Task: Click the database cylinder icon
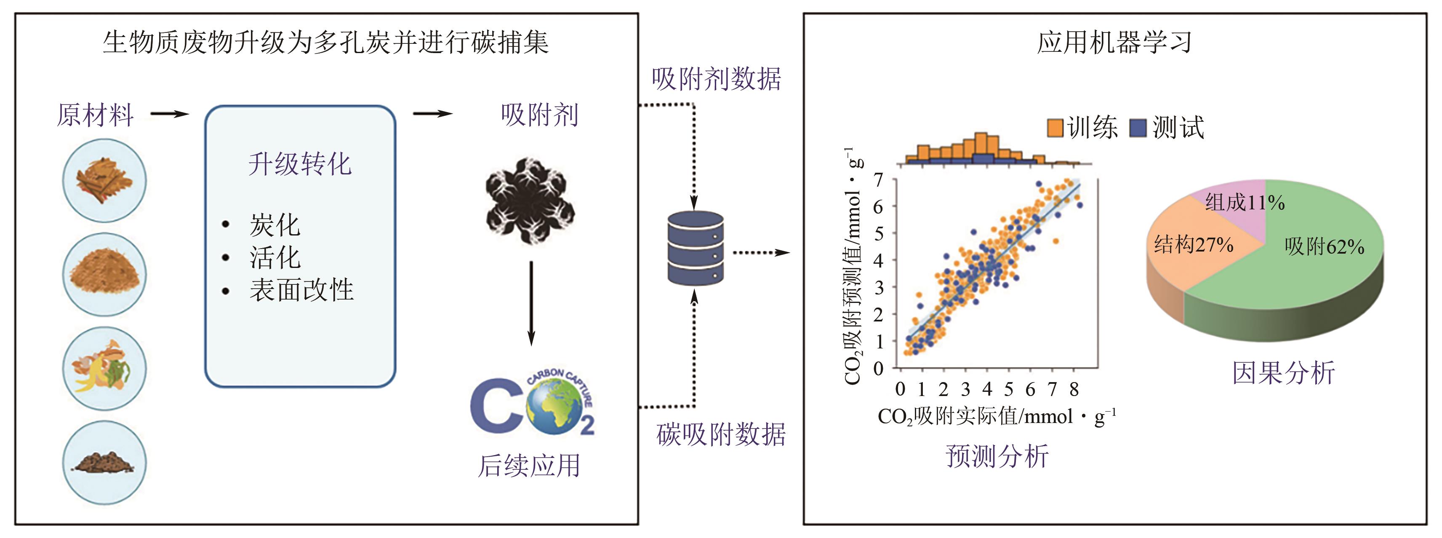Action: [695, 248]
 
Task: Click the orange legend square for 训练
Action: [1055, 128]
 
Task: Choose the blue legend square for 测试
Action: [1138, 128]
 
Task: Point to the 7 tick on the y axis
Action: [878, 180]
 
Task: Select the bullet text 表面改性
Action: [301, 290]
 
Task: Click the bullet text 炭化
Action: [274, 225]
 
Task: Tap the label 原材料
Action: [95, 115]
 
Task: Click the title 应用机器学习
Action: [1114, 43]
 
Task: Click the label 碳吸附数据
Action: [721, 435]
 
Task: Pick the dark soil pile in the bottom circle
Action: [104, 463]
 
